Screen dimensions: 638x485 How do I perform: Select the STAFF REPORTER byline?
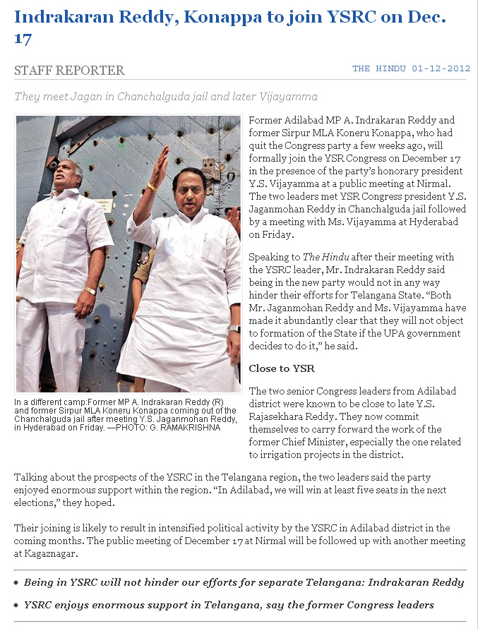click(69, 71)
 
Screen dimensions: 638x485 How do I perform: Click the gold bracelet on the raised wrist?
click(151, 186)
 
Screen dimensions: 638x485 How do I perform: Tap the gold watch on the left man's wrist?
click(90, 290)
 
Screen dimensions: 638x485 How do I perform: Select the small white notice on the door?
click(104, 205)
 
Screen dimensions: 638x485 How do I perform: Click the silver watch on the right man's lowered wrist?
click(234, 328)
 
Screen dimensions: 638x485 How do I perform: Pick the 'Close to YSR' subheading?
click(282, 368)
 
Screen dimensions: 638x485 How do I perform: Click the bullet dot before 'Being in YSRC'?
click(16, 583)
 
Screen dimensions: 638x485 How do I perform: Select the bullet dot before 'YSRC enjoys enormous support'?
click(16, 606)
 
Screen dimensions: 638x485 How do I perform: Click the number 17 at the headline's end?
click(23, 38)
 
